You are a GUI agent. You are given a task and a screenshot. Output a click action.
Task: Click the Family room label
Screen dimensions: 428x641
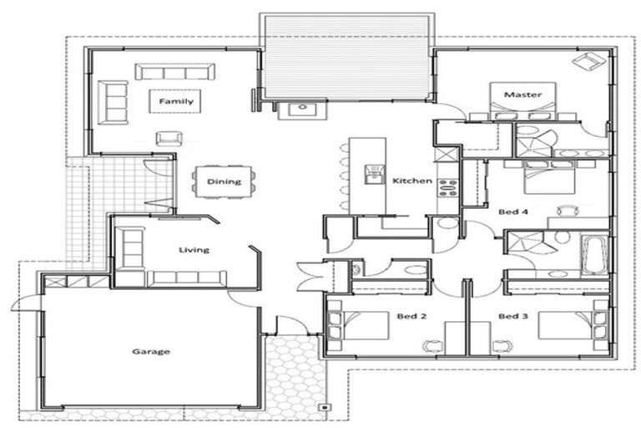(x=176, y=101)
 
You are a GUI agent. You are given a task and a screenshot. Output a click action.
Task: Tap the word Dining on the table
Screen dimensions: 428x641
(x=223, y=181)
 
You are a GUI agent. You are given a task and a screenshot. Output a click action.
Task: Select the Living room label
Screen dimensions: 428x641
(x=194, y=249)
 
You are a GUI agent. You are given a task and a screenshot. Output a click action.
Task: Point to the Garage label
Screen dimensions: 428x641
(x=151, y=351)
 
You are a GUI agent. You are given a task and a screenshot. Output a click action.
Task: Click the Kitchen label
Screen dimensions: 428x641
(x=411, y=181)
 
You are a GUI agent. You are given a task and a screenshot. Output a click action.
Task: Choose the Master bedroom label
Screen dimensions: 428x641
(x=523, y=94)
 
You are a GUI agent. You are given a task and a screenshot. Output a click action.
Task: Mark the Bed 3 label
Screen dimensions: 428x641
(x=513, y=316)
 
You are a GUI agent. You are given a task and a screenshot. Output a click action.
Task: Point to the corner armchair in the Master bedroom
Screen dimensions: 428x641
(x=590, y=62)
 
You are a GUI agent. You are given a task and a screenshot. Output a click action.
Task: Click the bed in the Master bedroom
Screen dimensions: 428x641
(x=523, y=107)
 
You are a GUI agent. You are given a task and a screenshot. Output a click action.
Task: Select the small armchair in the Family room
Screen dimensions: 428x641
(x=168, y=138)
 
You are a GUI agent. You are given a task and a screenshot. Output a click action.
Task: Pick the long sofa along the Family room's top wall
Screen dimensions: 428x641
(x=174, y=71)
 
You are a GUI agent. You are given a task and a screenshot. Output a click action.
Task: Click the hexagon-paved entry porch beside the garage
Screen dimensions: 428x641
(x=290, y=373)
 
